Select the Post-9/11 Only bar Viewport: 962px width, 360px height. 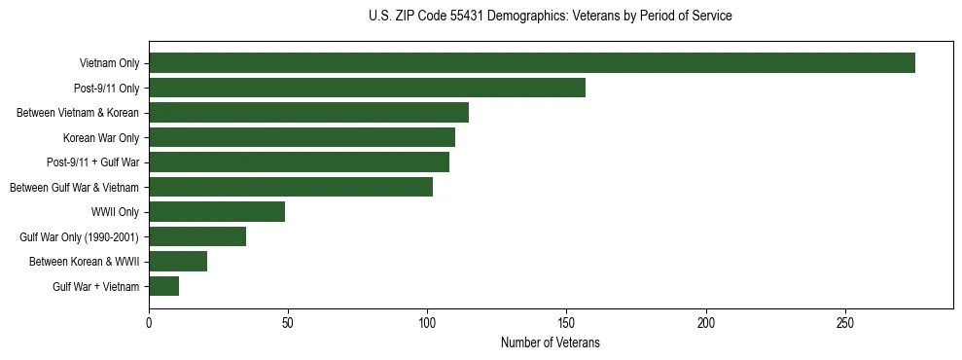367,88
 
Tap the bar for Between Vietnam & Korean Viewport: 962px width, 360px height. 308,113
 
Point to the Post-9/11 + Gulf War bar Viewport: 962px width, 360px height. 299,162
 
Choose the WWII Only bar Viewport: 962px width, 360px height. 217,212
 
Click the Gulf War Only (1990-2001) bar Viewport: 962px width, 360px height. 197,236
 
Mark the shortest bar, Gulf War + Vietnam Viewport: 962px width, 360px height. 163,286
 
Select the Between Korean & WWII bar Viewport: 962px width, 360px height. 178,262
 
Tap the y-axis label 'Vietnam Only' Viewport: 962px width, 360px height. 109,64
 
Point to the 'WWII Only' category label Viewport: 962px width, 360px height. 115,212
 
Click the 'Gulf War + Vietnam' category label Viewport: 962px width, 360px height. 96,286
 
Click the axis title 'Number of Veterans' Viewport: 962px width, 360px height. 550,342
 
